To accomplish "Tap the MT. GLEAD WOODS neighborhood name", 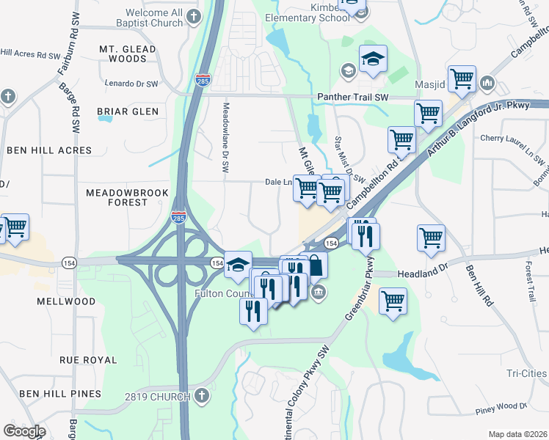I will click(128, 54).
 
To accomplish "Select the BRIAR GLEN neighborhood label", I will click(128, 111).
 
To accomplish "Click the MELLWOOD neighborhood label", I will click(68, 301).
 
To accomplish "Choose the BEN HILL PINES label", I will click(60, 394).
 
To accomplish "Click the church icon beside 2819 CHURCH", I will click(202, 397).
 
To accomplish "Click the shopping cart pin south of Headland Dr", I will click(393, 299).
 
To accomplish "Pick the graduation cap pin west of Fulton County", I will click(238, 263).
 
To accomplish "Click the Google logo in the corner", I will click(24, 431).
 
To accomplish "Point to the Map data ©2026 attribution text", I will click(517, 434).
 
